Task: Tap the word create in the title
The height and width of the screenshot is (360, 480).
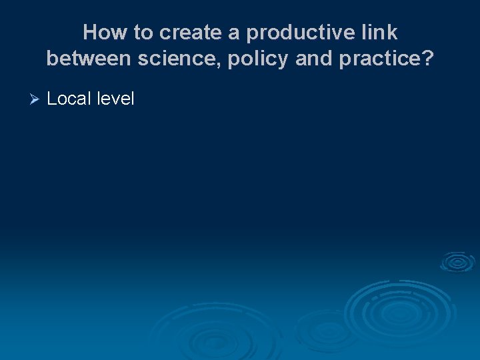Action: tap(192, 32)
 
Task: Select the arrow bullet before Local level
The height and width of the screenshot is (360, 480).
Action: tap(36, 99)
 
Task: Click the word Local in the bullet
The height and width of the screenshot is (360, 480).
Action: tap(69, 99)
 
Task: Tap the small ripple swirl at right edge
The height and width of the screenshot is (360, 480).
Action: tap(457, 262)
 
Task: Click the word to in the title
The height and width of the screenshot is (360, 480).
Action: tap(143, 32)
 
